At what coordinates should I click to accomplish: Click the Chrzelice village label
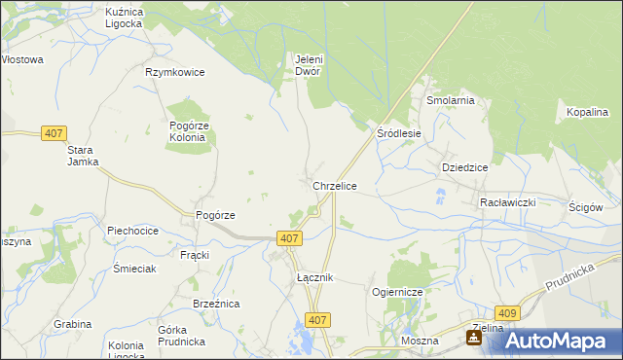point(334,185)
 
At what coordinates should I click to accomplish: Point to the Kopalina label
point(587,113)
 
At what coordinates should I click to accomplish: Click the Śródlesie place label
point(398,133)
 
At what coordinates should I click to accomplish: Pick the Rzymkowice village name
point(174,72)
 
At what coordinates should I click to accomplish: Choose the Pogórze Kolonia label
point(187,131)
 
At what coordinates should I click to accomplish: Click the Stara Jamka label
point(83,156)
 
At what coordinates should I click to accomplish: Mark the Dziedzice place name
point(464,166)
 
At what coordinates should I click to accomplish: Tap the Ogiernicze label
point(395,292)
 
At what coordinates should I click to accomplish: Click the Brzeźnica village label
point(216,304)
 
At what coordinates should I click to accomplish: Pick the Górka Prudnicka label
point(179,336)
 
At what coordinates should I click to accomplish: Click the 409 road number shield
point(506,312)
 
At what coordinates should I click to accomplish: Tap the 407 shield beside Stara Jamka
point(54,133)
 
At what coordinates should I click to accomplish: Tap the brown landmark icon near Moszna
point(473,338)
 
